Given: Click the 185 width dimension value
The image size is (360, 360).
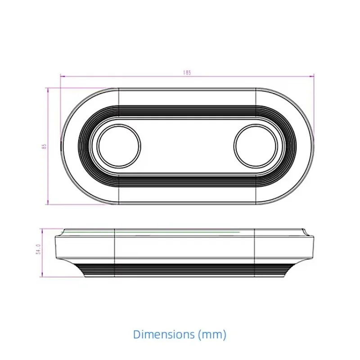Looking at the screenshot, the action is click(x=187, y=72).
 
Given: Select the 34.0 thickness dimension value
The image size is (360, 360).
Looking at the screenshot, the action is click(x=38, y=249).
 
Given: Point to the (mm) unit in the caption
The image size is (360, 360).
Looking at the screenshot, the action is click(x=212, y=334).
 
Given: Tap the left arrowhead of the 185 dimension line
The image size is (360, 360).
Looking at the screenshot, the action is click(x=63, y=76).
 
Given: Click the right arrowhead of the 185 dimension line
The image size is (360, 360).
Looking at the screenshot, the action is click(x=312, y=76).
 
